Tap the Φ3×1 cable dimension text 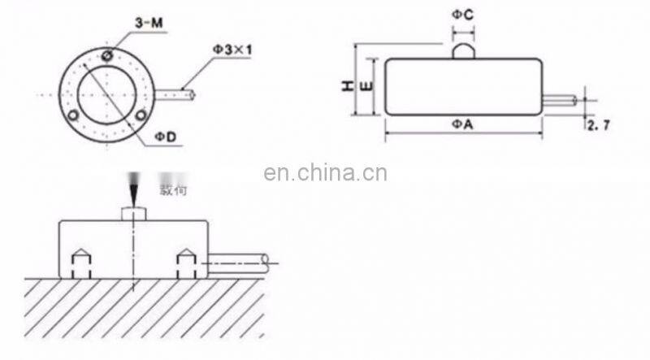click(233, 49)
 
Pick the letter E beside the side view click(366, 87)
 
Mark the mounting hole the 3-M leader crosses click(106, 56)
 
